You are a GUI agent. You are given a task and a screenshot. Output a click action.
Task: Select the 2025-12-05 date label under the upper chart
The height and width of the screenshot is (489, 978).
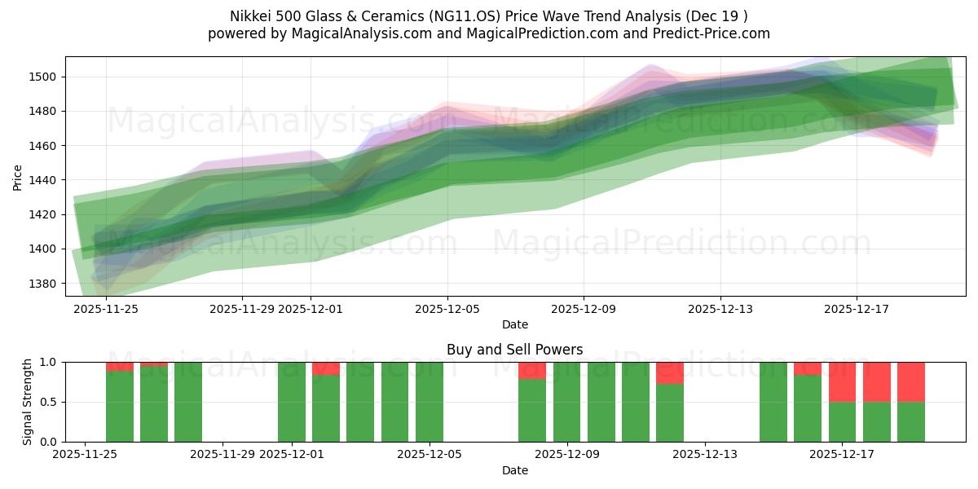[x=447, y=309]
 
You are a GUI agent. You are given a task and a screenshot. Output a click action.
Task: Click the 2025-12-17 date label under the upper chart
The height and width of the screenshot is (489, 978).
[x=856, y=309]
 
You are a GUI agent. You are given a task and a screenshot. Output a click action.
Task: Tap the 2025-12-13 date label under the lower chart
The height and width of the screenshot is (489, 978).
[x=703, y=455]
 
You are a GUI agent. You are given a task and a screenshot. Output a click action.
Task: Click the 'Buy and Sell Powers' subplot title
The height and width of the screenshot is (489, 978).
[x=514, y=350]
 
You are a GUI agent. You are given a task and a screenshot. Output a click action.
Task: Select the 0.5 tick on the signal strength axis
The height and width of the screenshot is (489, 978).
[x=48, y=402]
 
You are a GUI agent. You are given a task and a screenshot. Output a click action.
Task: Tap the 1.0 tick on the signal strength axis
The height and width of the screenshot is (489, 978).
[x=48, y=362]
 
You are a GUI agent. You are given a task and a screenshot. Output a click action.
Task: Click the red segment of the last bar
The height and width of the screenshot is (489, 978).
[x=910, y=381]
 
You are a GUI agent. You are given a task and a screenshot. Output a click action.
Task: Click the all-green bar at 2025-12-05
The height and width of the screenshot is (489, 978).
[x=430, y=402]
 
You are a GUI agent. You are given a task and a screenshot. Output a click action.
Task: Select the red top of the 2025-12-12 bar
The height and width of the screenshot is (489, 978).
[x=670, y=372]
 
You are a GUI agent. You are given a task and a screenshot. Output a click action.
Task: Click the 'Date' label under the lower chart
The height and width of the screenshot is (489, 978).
[x=514, y=470]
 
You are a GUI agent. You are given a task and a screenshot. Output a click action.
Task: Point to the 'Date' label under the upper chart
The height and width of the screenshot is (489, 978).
[x=514, y=324]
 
